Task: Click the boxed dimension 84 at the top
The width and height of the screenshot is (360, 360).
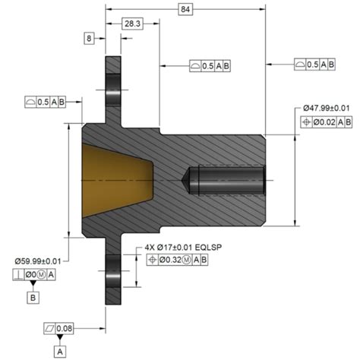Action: pyautogui.click(x=185, y=8)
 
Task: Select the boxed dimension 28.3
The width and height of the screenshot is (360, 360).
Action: pyautogui.click(x=133, y=24)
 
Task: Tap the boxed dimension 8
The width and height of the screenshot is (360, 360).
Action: pyautogui.click(x=90, y=37)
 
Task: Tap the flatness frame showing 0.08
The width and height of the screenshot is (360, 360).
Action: pyautogui.click(x=59, y=328)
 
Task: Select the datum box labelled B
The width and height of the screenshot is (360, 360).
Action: pyautogui.click(x=33, y=298)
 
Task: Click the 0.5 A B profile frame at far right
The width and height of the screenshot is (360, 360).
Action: pyautogui.click(x=312, y=65)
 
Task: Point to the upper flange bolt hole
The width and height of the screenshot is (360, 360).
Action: pyautogui.click(x=112, y=87)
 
